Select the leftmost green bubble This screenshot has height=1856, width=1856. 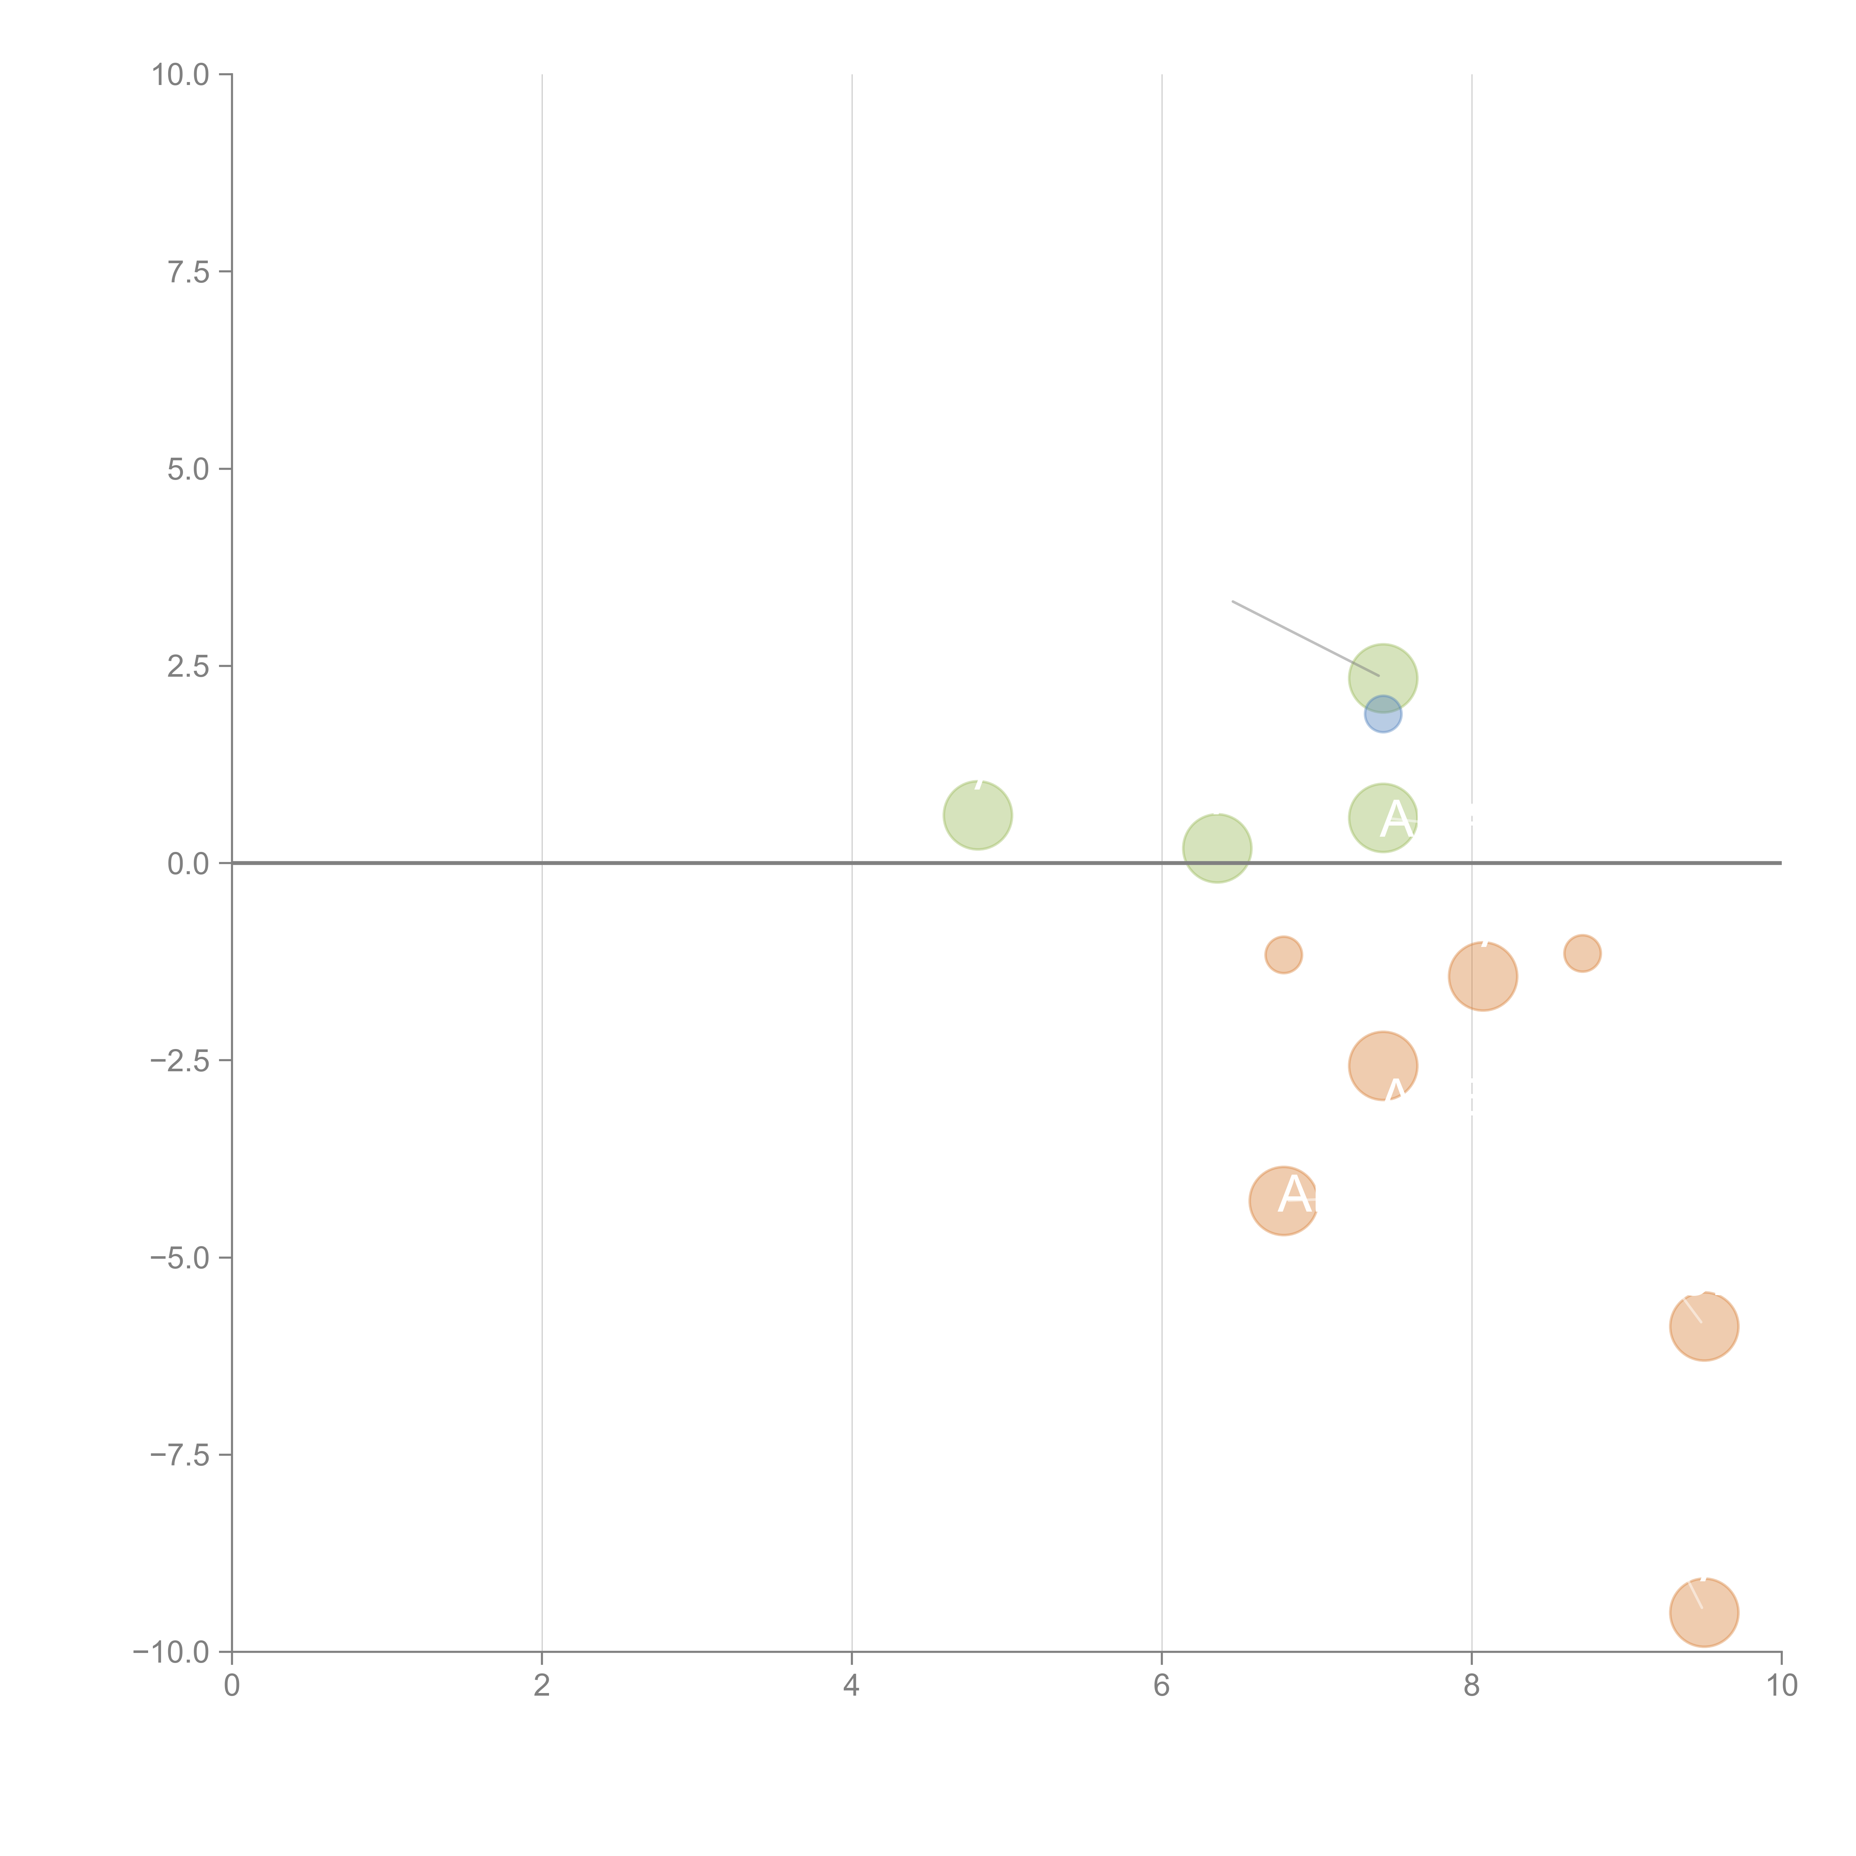pyautogui.click(x=977, y=815)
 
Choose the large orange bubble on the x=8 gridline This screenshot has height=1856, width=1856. pyautogui.click(x=1482, y=976)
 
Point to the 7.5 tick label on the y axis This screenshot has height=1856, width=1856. pyautogui.click(x=188, y=272)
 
